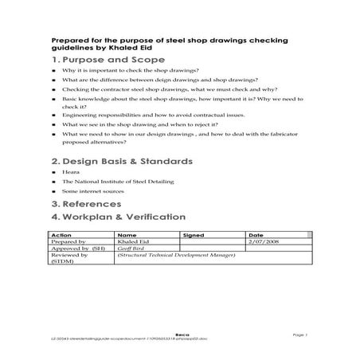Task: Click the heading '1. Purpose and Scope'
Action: pyautogui.click(x=102, y=61)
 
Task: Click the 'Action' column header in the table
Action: pyautogui.click(x=61, y=236)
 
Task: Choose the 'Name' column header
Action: pyautogui.click(x=127, y=236)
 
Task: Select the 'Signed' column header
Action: pyautogui.click(x=194, y=236)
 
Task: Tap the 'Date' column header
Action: pyautogui.click(x=256, y=236)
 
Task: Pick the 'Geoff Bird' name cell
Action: pyautogui.click(x=131, y=248)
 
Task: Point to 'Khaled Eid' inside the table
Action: pyautogui.click(x=131, y=242)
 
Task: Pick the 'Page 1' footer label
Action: pyautogui.click(x=300, y=336)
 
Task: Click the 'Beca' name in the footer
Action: pyautogui.click(x=182, y=336)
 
